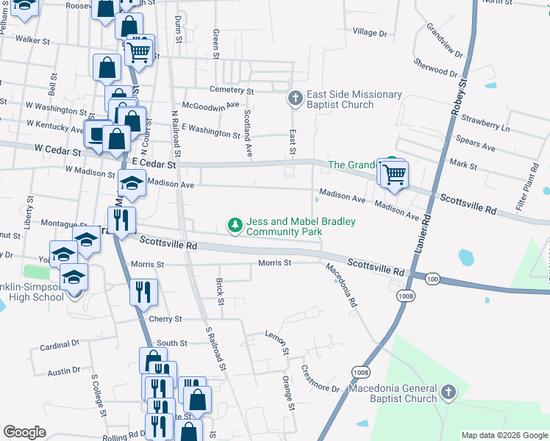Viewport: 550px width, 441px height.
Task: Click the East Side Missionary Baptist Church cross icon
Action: (x=295, y=98)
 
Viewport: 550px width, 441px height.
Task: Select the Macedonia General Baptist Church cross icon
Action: (x=448, y=393)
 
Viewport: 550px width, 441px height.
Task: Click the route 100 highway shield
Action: (x=432, y=279)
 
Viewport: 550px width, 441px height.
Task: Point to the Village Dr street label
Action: (x=369, y=32)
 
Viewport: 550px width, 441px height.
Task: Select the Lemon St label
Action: (x=276, y=343)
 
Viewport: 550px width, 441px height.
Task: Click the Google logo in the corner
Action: (x=24, y=432)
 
